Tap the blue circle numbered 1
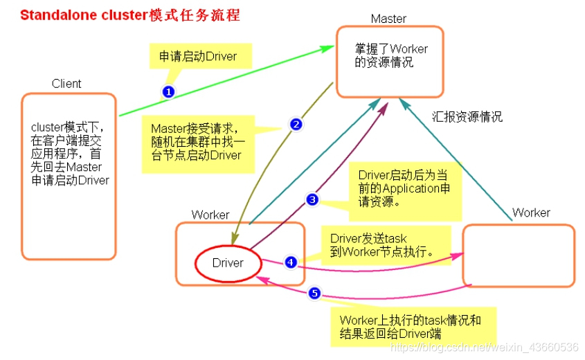pyautogui.click(x=168, y=91)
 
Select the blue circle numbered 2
pyautogui.click(x=296, y=125)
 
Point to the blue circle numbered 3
pyautogui.click(x=312, y=199)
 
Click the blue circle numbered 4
pyautogui.click(x=291, y=262)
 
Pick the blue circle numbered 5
pyautogui.click(x=314, y=294)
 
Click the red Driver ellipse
pyautogui.click(x=228, y=263)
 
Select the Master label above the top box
pyautogui.click(x=388, y=19)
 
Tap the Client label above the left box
pyautogui.click(x=66, y=84)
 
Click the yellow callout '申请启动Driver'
pyautogui.click(x=198, y=56)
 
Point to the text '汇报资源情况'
pyautogui.click(x=467, y=117)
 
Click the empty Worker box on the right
pyautogui.click(x=518, y=255)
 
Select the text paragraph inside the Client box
pyautogui.click(x=70, y=154)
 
